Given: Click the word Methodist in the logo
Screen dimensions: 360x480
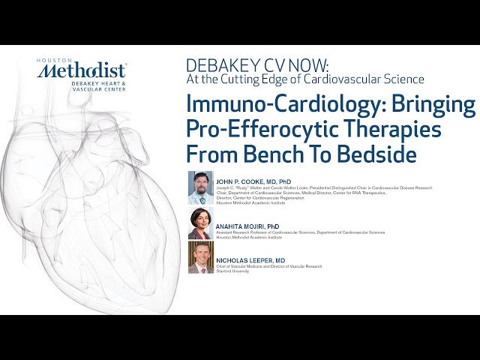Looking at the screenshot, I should (x=82, y=72).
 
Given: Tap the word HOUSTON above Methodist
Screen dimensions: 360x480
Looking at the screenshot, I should (x=52, y=59).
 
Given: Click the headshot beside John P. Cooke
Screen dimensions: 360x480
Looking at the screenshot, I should (x=200, y=187).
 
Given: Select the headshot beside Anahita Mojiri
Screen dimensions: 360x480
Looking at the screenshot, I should (x=200, y=223).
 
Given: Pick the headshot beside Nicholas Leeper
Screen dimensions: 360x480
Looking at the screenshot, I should (x=200, y=257).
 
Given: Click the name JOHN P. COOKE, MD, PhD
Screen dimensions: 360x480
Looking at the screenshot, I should (x=253, y=181).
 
